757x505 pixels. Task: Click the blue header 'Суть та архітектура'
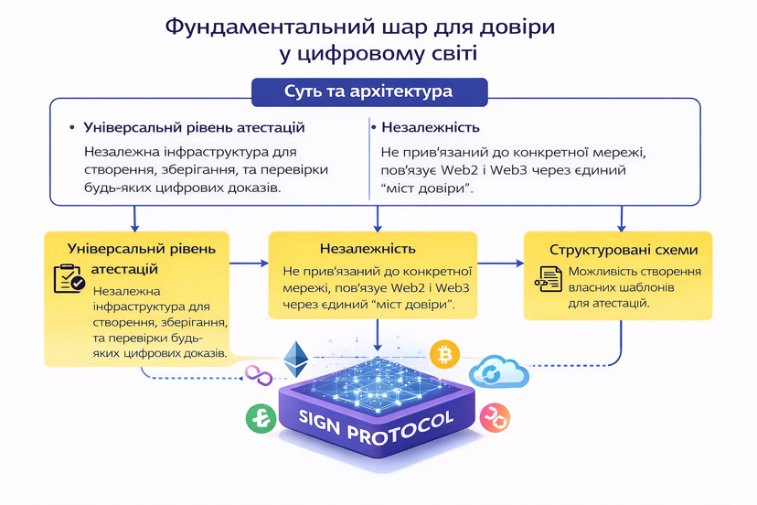coord(369,91)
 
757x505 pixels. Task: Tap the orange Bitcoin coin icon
coord(444,355)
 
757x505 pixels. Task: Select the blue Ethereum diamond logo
coord(296,360)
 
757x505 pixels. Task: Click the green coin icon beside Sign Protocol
coord(261,418)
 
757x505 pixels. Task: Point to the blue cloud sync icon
coord(499,371)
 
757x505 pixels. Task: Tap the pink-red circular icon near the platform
coord(495,417)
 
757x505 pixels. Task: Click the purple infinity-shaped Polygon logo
coord(259,375)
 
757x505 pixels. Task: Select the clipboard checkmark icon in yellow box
coord(69,278)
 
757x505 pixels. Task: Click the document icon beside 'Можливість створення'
coord(549,279)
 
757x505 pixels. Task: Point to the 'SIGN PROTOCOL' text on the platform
coord(377,427)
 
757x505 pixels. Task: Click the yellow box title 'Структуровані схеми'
coord(624,250)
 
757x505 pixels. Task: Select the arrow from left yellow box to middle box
coord(249,263)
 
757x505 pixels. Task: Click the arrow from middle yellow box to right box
coord(501,263)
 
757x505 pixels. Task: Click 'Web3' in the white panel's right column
coord(528,170)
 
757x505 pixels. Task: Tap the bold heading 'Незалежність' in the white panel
coord(431,127)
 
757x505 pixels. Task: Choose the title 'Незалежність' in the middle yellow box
coord(368,249)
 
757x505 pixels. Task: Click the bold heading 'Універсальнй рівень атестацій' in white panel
coord(194,127)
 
